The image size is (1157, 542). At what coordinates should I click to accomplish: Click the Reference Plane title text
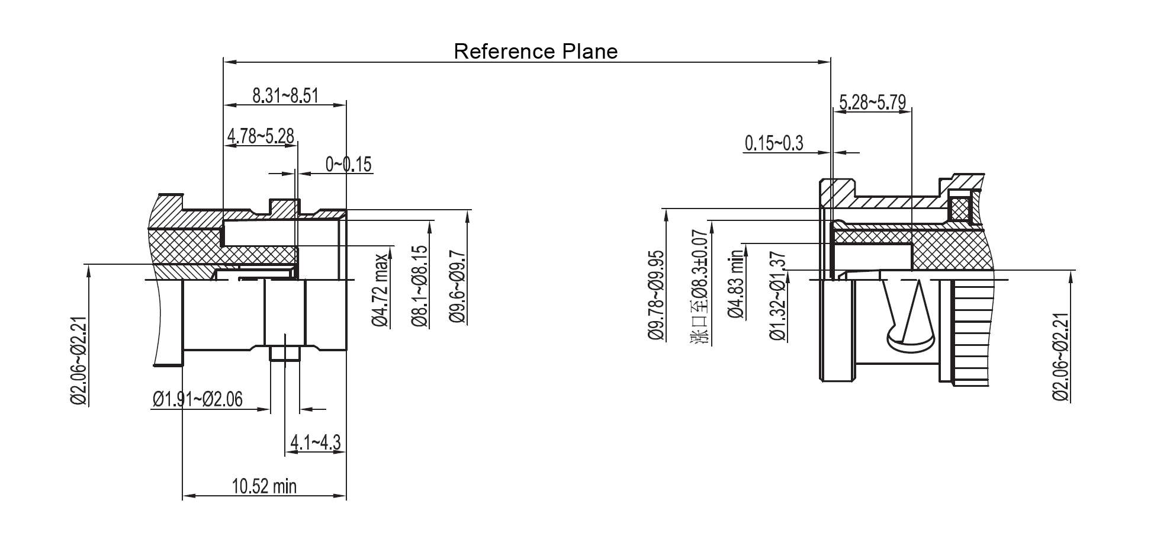(535, 52)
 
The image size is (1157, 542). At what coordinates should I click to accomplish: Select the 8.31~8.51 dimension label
(285, 95)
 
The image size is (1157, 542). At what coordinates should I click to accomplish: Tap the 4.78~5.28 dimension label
(261, 136)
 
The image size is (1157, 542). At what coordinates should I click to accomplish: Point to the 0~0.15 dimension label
(349, 164)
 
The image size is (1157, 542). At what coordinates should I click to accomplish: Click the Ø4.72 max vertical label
(380, 290)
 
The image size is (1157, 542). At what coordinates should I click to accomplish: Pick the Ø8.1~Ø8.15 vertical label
(419, 286)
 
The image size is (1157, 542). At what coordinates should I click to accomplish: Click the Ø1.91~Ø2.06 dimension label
(197, 399)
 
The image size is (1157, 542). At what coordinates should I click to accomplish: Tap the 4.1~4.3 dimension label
(315, 442)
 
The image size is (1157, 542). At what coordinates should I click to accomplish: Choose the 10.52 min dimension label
(264, 487)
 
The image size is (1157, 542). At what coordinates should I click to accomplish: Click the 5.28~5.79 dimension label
(872, 102)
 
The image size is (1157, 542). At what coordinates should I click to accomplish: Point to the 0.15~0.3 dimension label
(774, 143)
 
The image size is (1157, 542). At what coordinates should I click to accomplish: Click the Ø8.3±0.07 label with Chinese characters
(700, 287)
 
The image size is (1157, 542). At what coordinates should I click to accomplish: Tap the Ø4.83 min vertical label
(737, 284)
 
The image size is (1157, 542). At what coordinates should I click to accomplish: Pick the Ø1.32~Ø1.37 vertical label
(778, 296)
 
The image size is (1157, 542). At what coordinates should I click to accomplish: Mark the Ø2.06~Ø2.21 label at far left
(79, 361)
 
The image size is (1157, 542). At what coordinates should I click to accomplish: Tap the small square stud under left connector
(285, 352)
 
